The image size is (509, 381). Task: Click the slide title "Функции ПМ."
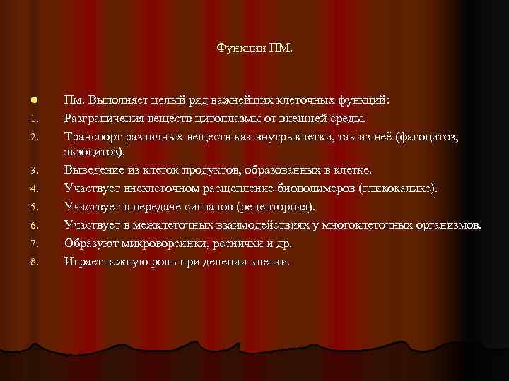tap(255, 49)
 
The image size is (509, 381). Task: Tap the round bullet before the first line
tap(24, 101)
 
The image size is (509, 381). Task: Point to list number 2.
tap(23, 137)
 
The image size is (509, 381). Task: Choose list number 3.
tap(23, 171)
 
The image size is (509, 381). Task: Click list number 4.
tap(23, 189)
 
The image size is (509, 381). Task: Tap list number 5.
tap(23, 207)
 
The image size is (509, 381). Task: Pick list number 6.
tap(23, 226)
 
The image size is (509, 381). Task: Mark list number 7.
tap(23, 245)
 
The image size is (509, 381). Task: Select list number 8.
tap(23, 263)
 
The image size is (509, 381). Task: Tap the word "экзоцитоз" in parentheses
tap(95, 152)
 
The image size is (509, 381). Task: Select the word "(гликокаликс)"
tap(398, 188)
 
